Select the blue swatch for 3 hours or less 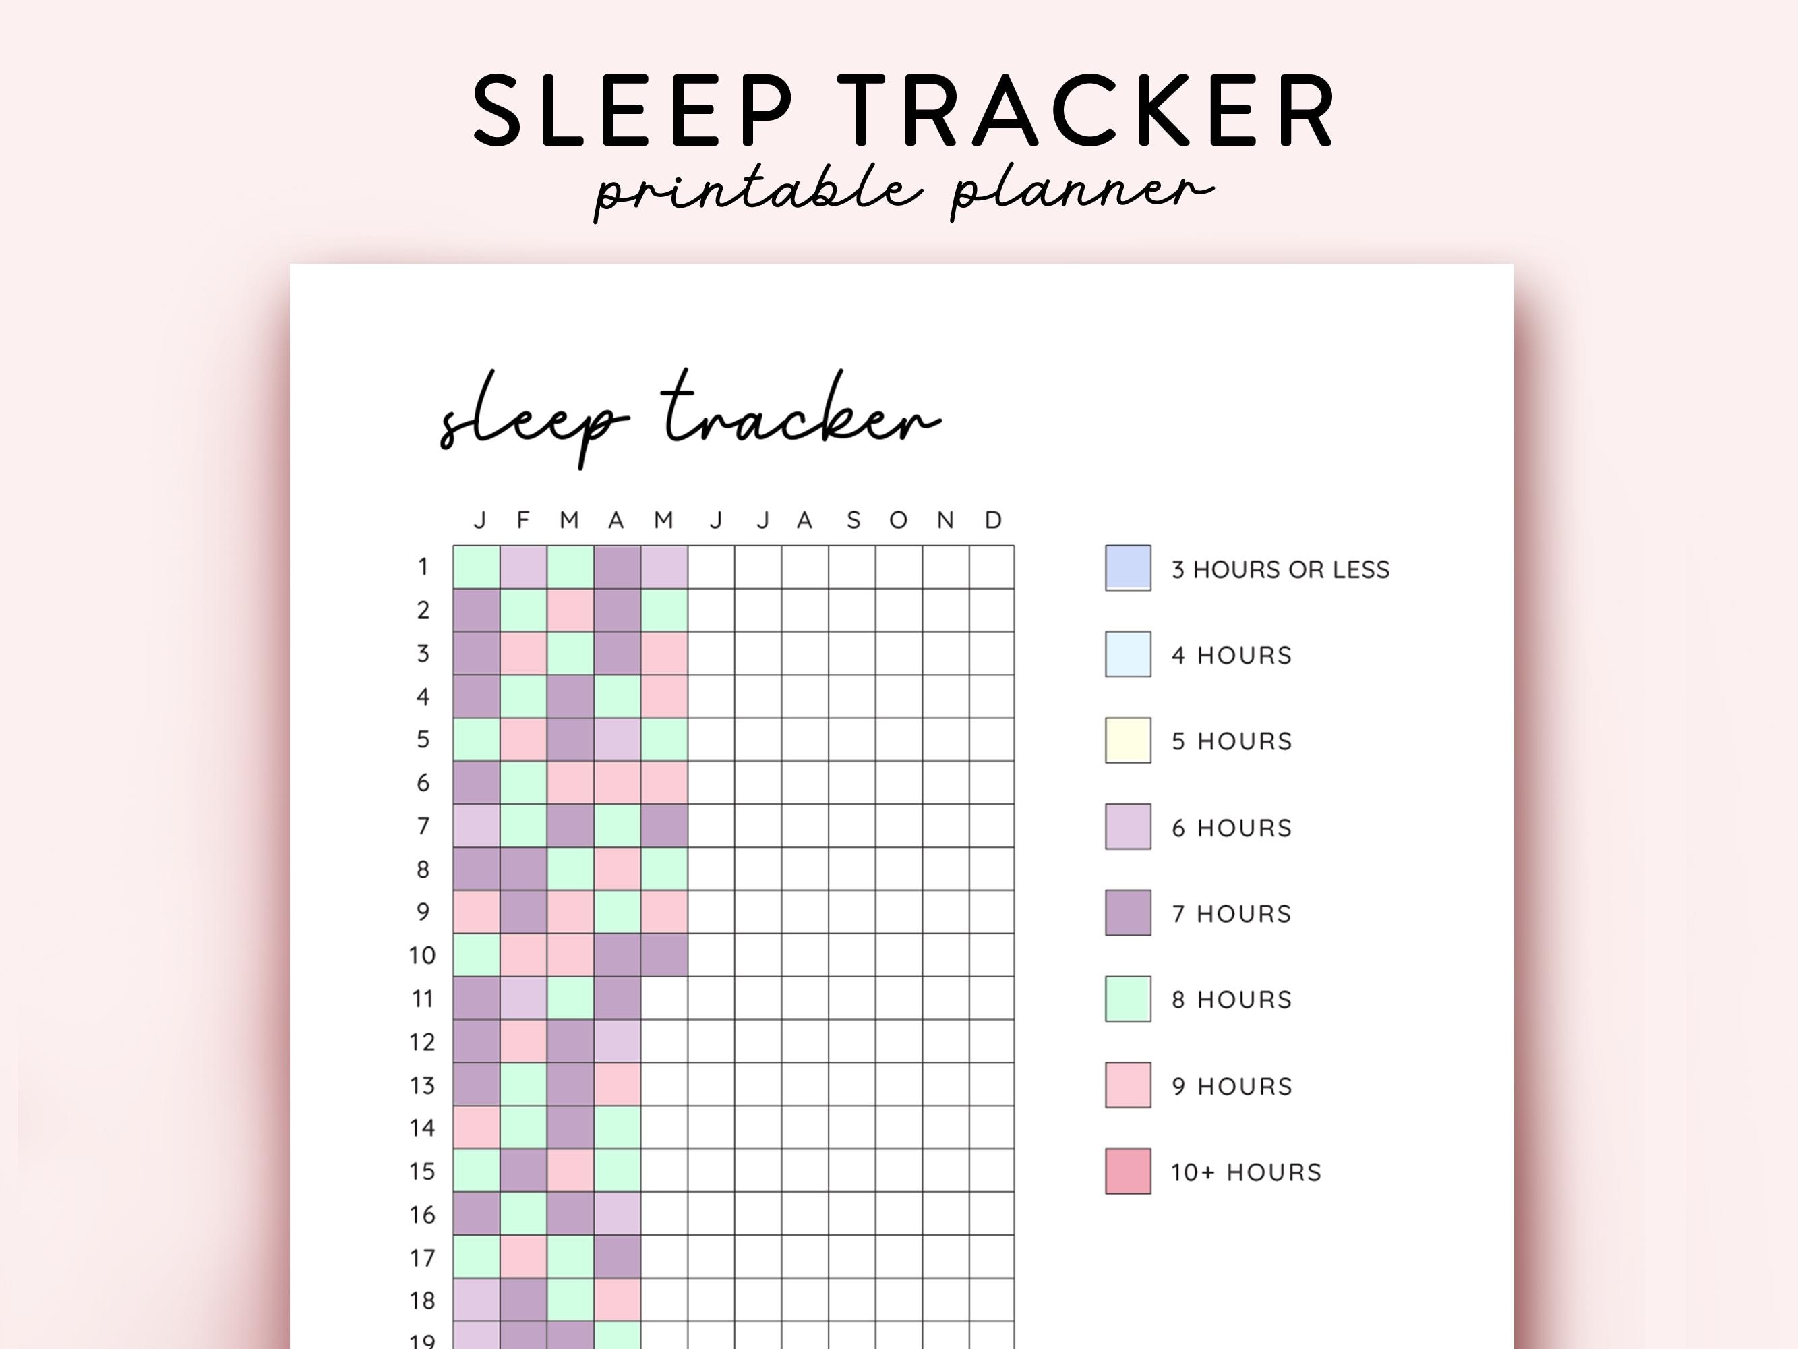click(1127, 567)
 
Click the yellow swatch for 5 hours click(1127, 740)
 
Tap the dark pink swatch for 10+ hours click(1127, 1171)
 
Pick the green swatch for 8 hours click(1127, 998)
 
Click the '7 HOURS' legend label click(1230, 914)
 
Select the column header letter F click(522, 519)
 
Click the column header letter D click(992, 519)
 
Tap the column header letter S click(853, 519)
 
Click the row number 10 click(422, 954)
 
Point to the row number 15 click(422, 1171)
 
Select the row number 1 click(423, 567)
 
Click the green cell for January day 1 click(477, 567)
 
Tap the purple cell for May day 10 click(664, 954)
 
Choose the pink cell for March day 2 click(570, 610)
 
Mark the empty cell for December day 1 click(992, 567)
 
